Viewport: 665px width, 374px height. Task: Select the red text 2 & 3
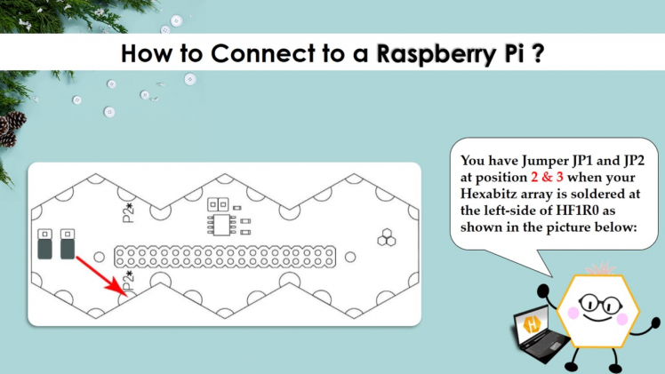tap(551, 178)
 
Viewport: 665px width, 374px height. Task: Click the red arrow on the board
tap(99, 274)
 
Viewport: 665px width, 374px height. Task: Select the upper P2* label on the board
tap(127, 213)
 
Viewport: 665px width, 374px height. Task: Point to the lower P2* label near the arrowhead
tap(127, 282)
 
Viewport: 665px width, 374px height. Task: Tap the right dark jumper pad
tap(68, 244)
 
